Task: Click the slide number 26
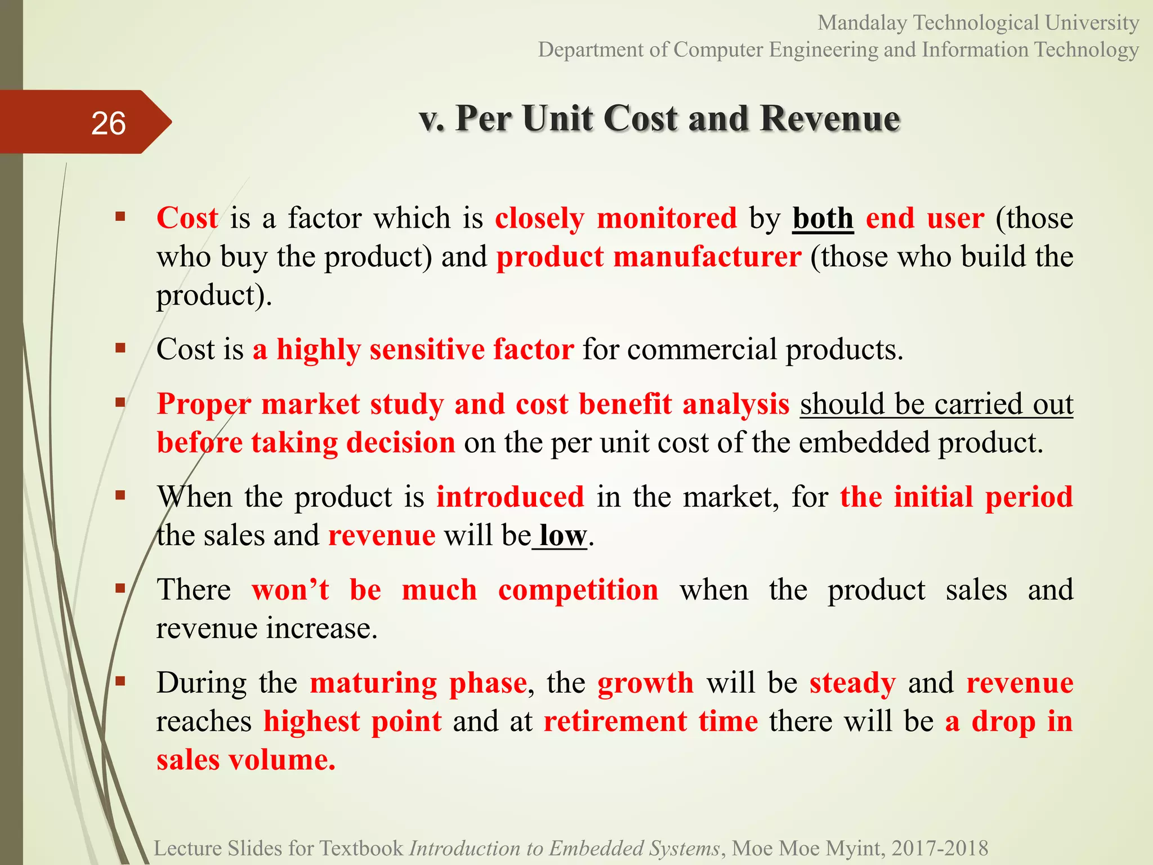(x=108, y=123)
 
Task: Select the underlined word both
(x=823, y=218)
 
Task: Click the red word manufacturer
(x=707, y=257)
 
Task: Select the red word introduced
(x=510, y=497)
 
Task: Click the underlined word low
(x=562, y=535)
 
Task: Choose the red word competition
(x=578, y=590)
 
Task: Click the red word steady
(x=852, y=683)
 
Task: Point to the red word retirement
(x=615, y=721)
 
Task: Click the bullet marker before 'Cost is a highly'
(x=120, y=348)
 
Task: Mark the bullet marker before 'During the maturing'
(x=120, y=681)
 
